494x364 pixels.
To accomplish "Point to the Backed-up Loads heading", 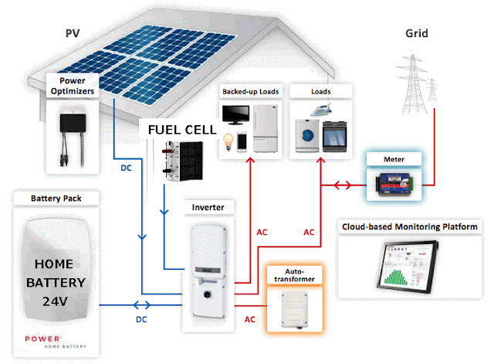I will (x=250, y=92).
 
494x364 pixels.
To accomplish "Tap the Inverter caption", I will (x=208, y=207).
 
